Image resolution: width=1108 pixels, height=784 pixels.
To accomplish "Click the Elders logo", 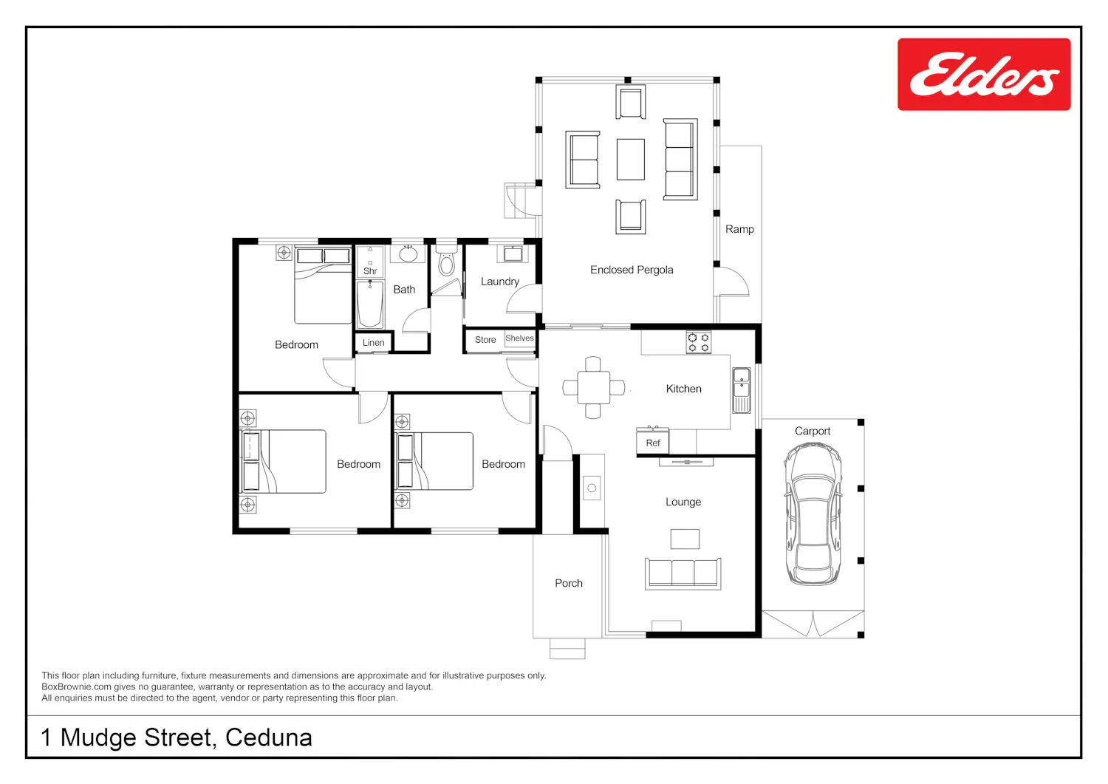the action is (984, 74).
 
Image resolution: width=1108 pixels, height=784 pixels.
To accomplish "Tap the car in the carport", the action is (813, 514).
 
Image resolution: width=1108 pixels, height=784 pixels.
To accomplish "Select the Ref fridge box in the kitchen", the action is (652, 443).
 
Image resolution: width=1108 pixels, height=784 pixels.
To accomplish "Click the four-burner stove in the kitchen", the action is (699, 342).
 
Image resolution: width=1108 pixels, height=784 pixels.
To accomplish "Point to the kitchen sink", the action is (741, 390).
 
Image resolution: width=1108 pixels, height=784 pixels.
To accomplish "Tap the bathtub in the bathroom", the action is (370, 304).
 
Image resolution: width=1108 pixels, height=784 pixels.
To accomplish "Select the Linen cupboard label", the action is (373, 343).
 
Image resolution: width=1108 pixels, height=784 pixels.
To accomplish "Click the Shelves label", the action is (519, 338).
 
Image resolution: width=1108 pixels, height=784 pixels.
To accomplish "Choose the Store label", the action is (485, 339).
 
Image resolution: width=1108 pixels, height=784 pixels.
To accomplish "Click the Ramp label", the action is (739, 229).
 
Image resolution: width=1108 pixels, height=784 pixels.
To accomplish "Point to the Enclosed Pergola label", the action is (632, 270).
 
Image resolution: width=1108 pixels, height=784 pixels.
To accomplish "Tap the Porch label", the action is (569, 583).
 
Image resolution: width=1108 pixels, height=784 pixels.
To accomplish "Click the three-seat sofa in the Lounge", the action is (683, 573).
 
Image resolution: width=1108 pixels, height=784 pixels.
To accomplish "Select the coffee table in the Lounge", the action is (685, 539).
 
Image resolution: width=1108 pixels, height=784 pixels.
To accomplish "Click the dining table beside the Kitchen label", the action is (594, 387).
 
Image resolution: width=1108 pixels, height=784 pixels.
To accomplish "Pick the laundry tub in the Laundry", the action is (513, 253).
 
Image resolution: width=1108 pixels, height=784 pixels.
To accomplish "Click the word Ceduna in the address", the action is (269, 737).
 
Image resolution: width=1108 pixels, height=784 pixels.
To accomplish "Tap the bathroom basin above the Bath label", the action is (408, 253).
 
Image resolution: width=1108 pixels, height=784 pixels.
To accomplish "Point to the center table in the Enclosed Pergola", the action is (631, 160).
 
